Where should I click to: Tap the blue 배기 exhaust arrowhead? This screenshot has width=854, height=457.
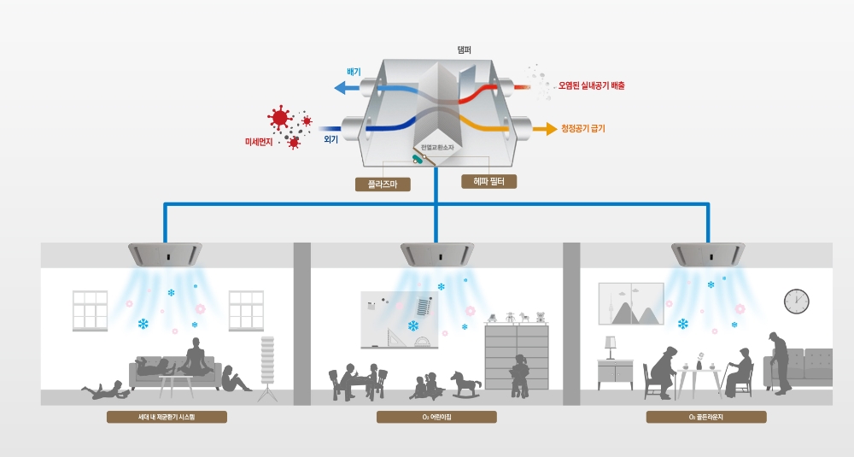[x=338, y=87]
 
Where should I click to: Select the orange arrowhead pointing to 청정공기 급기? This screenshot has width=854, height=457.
[x=541, y=129]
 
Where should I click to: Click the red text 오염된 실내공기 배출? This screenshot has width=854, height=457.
[x=592, y=86]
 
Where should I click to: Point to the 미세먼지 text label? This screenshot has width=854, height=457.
[x=258, y=140]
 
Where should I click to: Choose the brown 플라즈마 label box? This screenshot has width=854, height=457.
[x=383, y=183]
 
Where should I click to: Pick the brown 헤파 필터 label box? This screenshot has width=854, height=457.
[x=488, y=181]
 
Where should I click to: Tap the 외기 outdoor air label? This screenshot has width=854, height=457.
[x=331, y=138]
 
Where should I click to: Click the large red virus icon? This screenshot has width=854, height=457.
[x=278, y=118]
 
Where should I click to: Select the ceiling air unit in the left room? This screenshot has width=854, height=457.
[x=167, y=253]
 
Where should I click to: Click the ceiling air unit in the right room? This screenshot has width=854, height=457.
[x=708, y=253]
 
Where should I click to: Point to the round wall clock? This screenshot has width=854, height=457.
[x=796, y=301]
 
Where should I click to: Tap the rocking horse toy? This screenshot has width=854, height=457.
[x=465, y=383]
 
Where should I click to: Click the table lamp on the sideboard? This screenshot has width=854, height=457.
[x=611, y=347]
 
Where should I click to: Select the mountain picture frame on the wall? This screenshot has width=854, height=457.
[x=631, y=303]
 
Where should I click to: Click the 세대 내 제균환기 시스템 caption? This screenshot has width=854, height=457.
[x=167, y=418]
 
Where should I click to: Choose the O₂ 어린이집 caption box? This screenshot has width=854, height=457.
[x=436, y=418]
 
